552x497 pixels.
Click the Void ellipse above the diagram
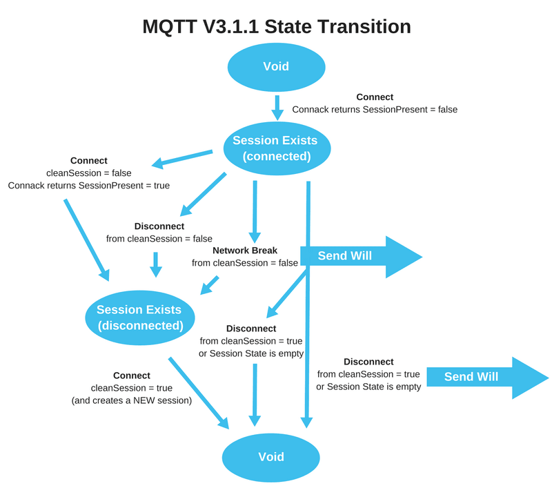(276, 67)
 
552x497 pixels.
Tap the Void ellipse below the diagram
(270, 457)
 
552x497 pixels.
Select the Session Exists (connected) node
(277, 148)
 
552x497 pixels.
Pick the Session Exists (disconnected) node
(140, 318)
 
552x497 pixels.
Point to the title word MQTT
(170, 27)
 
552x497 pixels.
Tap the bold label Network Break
(245, 251)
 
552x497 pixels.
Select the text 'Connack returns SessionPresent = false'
(375, 109)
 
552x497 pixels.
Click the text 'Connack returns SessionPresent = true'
(89, 186)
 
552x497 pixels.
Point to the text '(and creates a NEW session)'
(132, 400)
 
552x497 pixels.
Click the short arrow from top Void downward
(277, 108)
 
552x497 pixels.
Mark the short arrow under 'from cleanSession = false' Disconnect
(156, 264)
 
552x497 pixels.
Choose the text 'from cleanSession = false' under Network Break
(245, 263)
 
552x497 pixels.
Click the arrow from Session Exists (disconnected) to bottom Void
(199, 392)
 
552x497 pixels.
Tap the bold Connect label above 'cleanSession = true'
(132, 376)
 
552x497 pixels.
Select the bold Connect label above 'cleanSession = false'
(89, 161)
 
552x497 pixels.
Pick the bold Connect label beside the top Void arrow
(375, 97)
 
